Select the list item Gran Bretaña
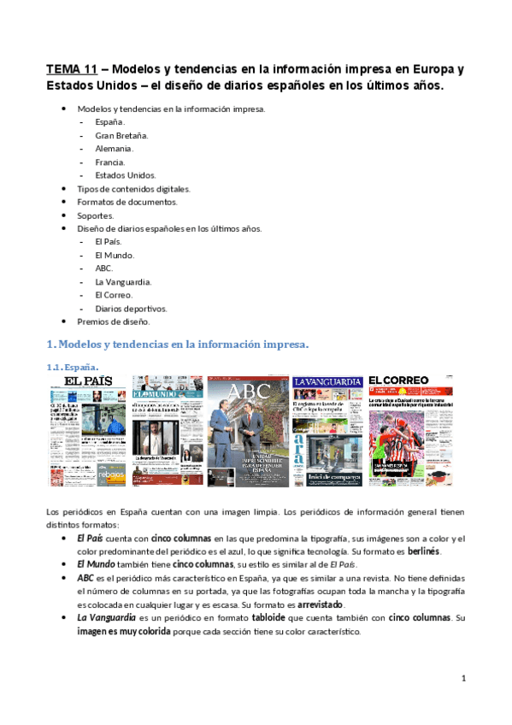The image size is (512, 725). [121, 135]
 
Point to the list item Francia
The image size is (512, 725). [110, 162]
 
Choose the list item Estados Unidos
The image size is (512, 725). [126, 175]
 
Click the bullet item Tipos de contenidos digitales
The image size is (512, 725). [133, 188]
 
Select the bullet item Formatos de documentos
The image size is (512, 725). [127, 202]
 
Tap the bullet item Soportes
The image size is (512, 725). [95, 215]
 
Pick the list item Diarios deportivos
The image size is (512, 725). [131, 308]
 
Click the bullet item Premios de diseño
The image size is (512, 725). [113, 321]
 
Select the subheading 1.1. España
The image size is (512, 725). [71, 366]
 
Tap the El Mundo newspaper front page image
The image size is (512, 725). [167, 419]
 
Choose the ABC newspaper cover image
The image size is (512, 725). [247, 419]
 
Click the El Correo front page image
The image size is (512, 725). [410, 419]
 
